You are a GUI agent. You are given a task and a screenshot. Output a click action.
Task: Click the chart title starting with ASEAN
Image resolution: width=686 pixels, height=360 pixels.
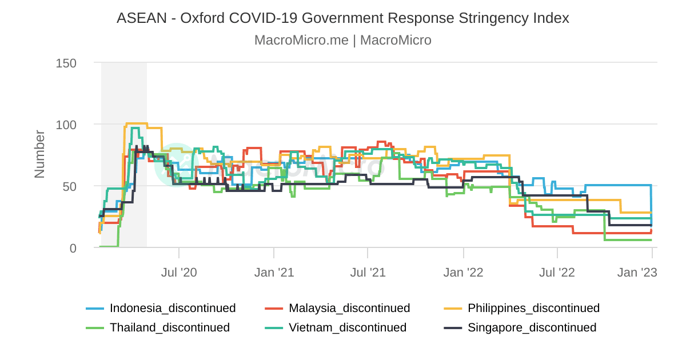pos(342,18)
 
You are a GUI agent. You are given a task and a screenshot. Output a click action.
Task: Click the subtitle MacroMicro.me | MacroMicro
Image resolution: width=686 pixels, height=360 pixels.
pos(342,40)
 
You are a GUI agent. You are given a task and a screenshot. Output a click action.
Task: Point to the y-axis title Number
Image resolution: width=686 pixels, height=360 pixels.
pos(39,154)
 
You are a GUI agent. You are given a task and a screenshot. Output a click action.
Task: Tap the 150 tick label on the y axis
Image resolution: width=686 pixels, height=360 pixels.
pos(66,63)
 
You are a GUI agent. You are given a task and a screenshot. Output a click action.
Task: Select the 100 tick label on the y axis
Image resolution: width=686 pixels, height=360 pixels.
pos(66,125)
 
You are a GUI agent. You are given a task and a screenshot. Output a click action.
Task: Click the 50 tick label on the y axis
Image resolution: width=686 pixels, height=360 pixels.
pos(70,186)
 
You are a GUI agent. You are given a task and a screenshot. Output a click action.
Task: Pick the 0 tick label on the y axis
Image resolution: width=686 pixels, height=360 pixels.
pos(73,248)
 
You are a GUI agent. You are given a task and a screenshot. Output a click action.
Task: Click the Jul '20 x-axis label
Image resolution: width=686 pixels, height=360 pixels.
pos(179,272)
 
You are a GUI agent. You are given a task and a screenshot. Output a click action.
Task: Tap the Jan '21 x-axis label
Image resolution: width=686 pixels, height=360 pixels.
pos(274,272)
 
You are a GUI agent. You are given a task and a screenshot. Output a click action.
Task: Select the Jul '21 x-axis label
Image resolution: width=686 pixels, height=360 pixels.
pos(368,272)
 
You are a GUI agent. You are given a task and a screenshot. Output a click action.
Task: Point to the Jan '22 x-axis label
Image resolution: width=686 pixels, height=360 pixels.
pos(463,272)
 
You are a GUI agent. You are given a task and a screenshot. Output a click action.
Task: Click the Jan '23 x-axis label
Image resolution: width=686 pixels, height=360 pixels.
pos(637,272)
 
